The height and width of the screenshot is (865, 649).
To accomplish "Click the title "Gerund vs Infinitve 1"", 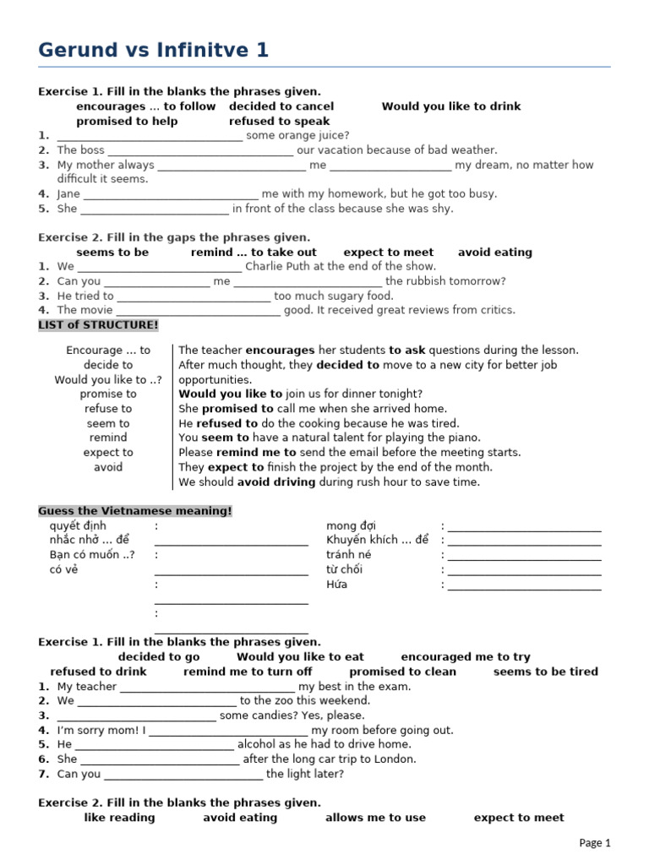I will click(x=153, y=51).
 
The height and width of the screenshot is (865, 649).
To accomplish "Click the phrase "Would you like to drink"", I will click(x=451, y=106).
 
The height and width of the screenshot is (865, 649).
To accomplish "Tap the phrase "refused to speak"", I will click(x=279, y=121).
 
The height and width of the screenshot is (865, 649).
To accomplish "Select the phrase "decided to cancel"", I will click(x=281, y=106).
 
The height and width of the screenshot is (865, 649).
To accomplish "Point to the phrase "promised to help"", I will click(x=127, y=121).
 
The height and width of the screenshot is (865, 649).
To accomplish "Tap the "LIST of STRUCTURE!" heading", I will click(x=98, y=324).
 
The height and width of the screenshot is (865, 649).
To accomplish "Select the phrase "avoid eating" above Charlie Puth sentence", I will click(x=495, y=252).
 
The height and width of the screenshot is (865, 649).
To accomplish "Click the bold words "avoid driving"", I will click(x=276, y=482).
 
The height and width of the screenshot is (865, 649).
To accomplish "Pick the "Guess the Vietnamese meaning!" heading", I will click(x=134, y=511).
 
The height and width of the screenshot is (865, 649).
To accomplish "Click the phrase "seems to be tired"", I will click(x=545, y=672).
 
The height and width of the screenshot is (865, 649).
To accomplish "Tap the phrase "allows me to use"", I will click(x=375, y=817).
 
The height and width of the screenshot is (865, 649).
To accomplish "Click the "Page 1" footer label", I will click(x=595, y=842).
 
